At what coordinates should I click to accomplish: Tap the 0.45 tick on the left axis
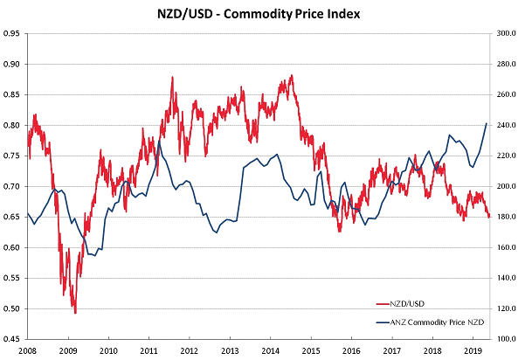point(12,339)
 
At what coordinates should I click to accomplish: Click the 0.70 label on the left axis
point(12,186)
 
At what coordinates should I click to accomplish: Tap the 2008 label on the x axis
point(29,350)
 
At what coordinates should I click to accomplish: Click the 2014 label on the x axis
point(269,350)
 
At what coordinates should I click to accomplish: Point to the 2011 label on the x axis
point(149,350)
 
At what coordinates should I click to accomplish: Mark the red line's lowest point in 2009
point(75,313)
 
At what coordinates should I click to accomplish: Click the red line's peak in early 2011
point(172,77)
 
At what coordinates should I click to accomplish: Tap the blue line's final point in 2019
point(487,123)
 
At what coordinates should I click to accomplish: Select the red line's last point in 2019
point(489,217)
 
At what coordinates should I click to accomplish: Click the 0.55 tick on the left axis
point(12,278)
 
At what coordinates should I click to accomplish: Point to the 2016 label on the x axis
point(349,350)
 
